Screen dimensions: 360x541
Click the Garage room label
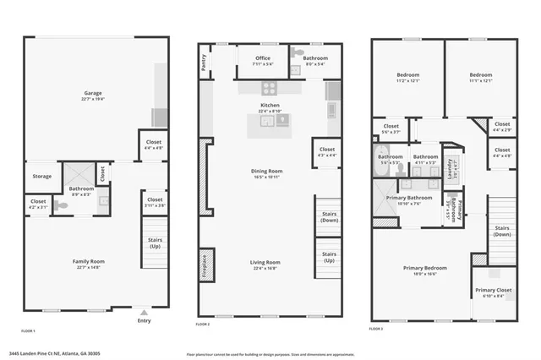(x=92, y=94)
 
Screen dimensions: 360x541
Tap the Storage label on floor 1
(x=41, y=177)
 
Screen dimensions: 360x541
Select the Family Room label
(x=88, y=262)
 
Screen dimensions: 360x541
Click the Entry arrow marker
(x=143, y=310)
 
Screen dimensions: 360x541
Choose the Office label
(x=263, y=58)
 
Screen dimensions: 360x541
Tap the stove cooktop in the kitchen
(x=270, y=87)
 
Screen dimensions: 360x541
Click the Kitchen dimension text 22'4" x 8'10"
(x=270, y=112)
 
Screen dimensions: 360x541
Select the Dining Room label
(x=266, y=172)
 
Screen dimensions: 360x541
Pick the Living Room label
(x=265, y=262)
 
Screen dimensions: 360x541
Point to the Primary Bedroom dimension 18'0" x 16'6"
(x=430, y=274)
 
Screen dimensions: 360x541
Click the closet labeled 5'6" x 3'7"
(x=391, y=132)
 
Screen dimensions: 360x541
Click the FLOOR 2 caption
(x=203, y=324)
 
